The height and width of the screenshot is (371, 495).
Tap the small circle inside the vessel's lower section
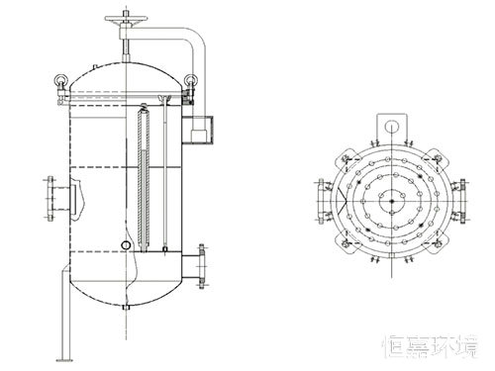[x=125, y=244]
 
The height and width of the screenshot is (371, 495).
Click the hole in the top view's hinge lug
[x=393, y=126]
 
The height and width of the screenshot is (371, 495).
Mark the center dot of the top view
[x=393, y=200]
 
